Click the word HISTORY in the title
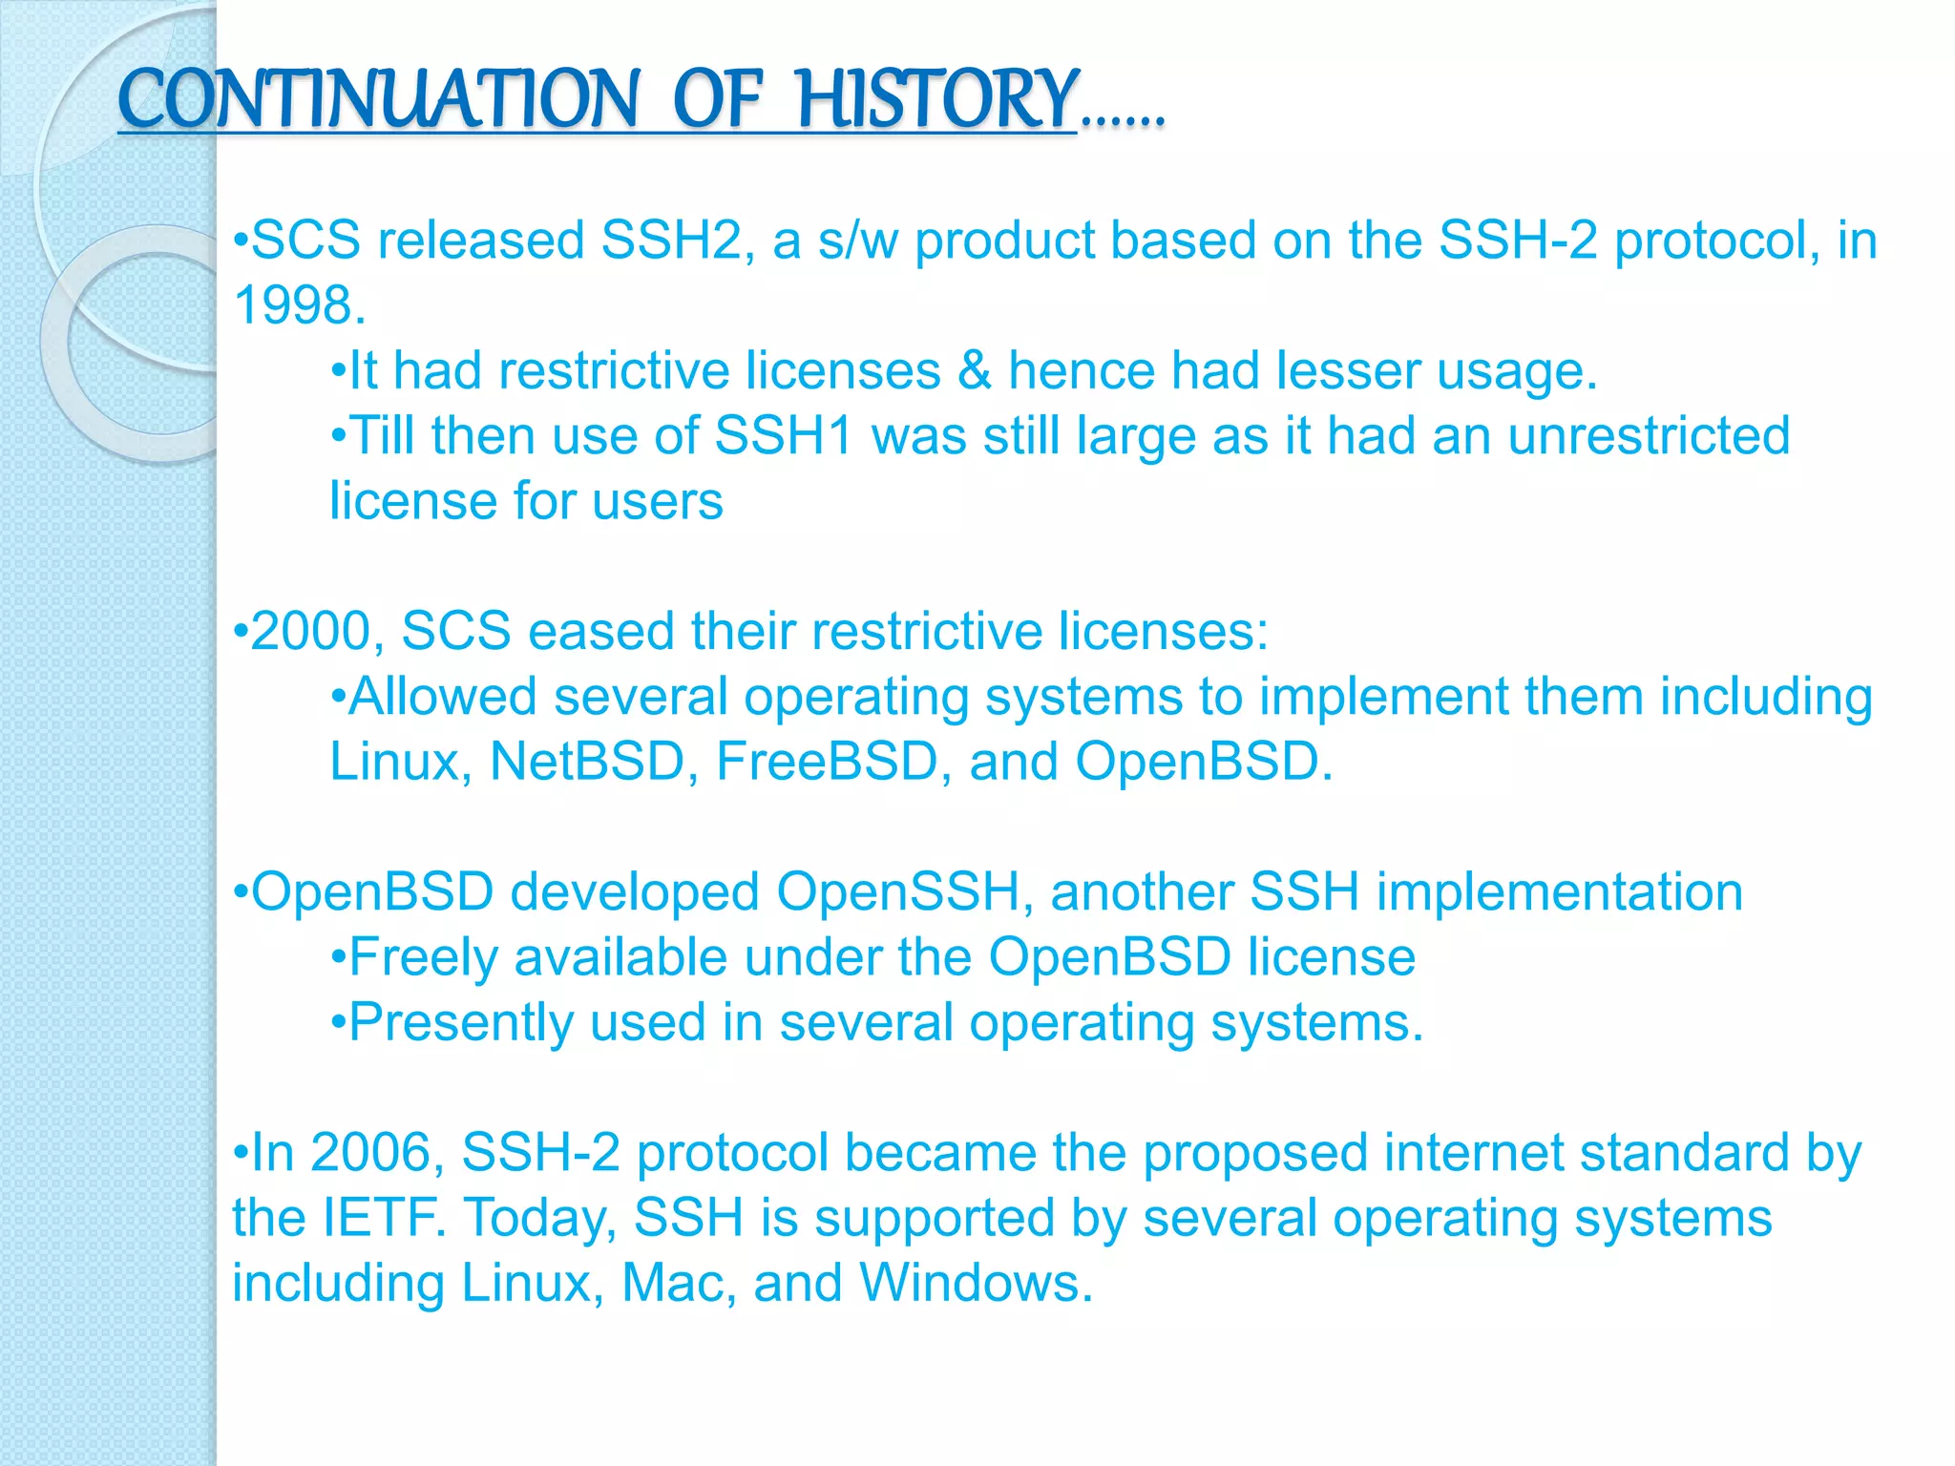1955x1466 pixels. [x=937, y=99]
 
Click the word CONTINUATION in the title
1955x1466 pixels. [x=378, y=99]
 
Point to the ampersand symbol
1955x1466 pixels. [x=974, y=370]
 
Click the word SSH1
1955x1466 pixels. [x=783, y=436]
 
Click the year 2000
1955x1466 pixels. [x=310, y=632]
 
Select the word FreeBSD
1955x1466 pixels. [x=827, y=762]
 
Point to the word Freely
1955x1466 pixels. [x=423, y=957]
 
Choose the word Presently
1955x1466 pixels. [x=460, y=1023]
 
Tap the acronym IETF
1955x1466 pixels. [x=382, y=1219]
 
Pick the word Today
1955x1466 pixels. [x=536, y=1219]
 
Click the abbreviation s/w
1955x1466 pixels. [x=857, y=240]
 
